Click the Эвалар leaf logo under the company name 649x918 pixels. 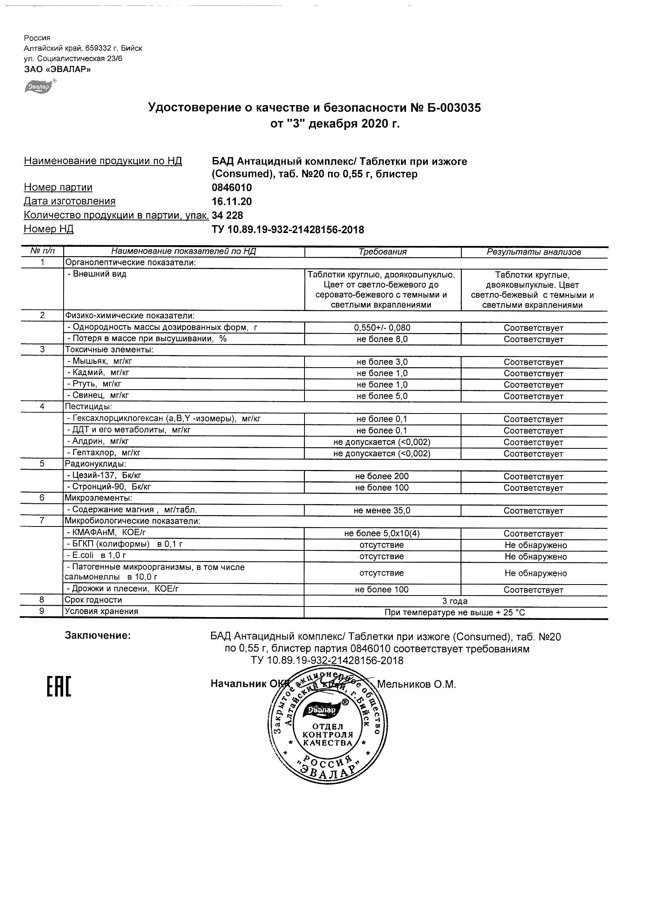click(39, 86)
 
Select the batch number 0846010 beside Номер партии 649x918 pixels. click(232, 188)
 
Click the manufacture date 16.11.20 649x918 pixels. click(232, 202)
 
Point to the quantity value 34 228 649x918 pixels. click(228, 215)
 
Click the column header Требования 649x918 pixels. click(382, 252)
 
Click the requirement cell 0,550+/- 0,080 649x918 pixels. click(382, 328)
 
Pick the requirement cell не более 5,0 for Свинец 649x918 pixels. click(382, 396)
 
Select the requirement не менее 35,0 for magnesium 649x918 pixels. click(382, 510)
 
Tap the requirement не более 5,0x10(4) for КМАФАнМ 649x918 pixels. click(382, 534)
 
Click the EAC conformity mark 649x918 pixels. click(59, 687)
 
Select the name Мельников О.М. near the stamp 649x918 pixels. click(416, 685)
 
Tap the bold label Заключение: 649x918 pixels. click(98, 636)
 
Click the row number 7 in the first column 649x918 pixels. click(42, 521)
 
